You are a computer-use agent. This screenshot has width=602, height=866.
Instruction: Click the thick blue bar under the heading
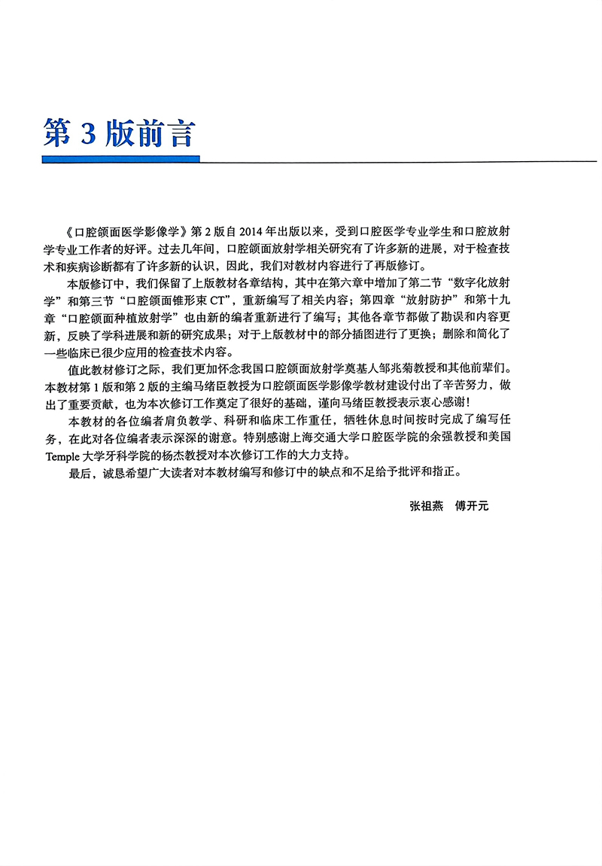tap(120, 160)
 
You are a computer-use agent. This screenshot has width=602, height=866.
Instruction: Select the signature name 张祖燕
tap(423, 506)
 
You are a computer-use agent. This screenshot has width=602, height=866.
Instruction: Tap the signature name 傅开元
tap(473, 506)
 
